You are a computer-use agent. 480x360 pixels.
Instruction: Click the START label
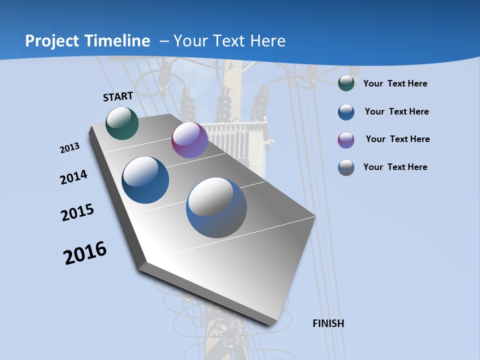click(118, 96)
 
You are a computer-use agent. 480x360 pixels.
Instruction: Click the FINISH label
click(328, 323)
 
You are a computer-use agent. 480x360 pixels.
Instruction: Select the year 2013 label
click(69, 148)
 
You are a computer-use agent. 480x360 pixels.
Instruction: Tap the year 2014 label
click(73, 177)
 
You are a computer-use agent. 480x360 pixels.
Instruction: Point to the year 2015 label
click(77, 212)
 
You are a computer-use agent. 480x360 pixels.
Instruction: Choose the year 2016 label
click(85, 253)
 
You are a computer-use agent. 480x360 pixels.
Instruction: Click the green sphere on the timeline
click(122, 123)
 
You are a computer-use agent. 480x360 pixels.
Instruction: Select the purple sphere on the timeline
click(189, 140)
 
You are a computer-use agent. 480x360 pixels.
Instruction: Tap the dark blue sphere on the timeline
click(145, 180)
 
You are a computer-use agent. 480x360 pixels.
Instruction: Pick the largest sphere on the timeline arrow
click(216, 207)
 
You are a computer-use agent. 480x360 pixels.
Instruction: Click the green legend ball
click(346, 83)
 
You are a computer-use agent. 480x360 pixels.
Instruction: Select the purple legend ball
click(346, 140)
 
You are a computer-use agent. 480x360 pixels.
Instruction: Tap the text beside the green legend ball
click(395, 84)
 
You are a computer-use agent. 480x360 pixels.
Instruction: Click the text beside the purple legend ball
click(397, 139)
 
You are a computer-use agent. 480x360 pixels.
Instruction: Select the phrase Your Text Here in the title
click(229, 41)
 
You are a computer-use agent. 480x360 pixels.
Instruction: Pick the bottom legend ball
click(346, 167)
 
